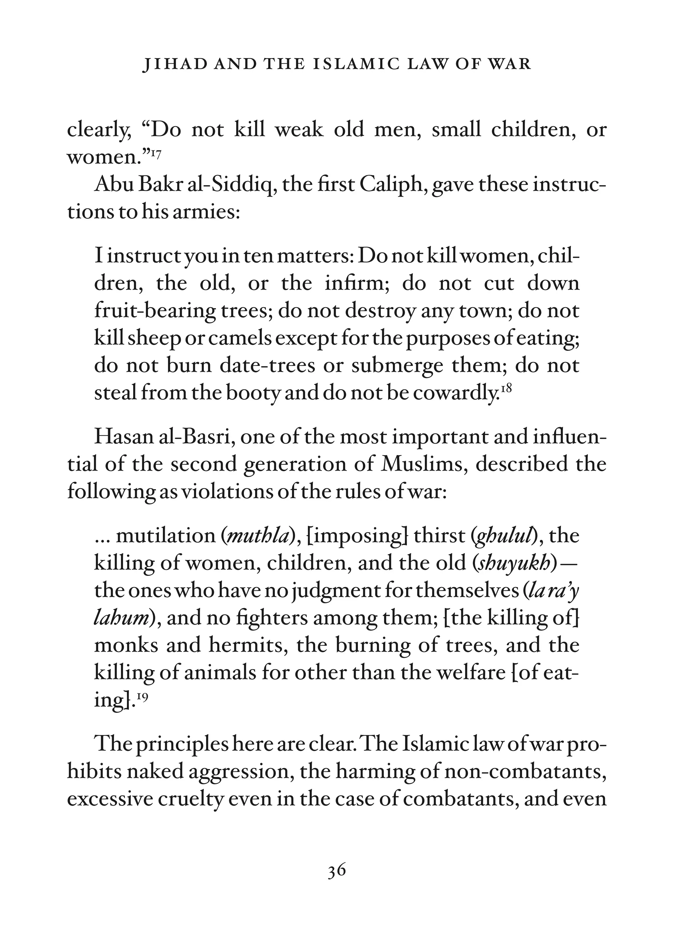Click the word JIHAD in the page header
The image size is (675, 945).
click(175, 64)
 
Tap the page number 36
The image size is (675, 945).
click(337, 871)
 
